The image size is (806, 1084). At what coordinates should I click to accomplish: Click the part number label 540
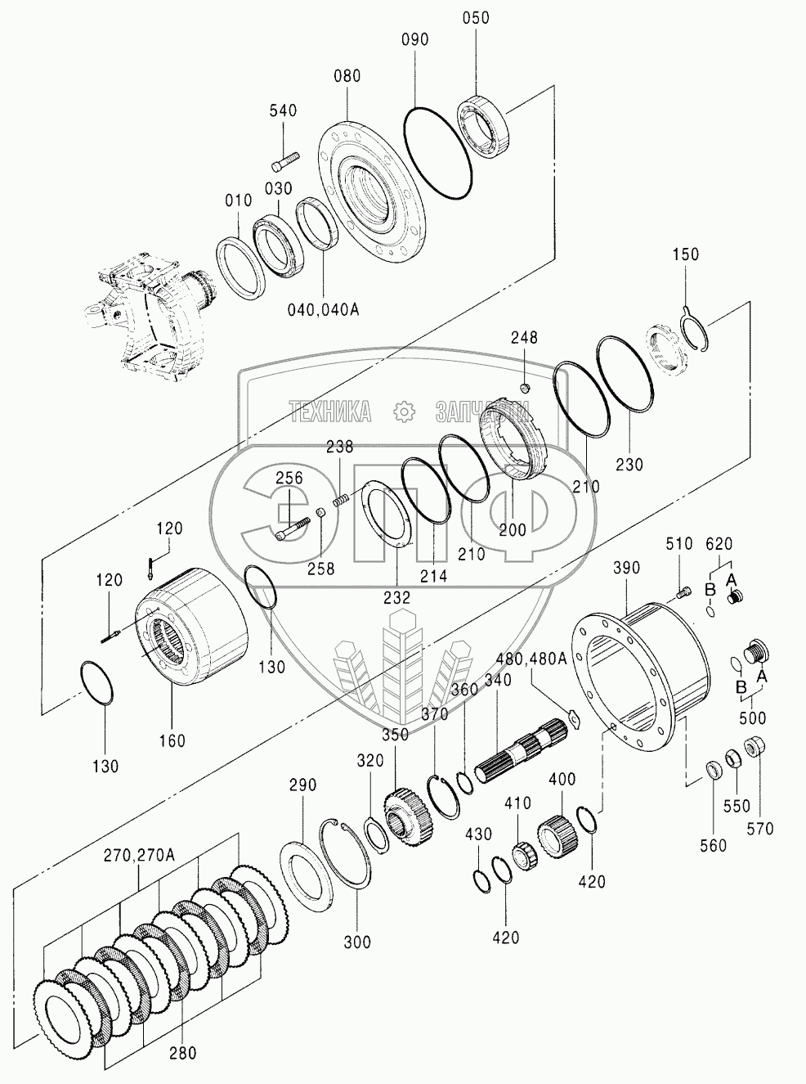point(283,111)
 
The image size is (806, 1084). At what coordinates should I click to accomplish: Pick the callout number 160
point(172,741)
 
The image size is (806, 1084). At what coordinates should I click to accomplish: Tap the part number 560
point(714,846)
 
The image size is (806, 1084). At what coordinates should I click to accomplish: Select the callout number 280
point(182,1052)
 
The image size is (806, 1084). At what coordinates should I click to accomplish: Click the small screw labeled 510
point(684,589)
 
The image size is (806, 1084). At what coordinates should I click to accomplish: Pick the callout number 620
point(719,542)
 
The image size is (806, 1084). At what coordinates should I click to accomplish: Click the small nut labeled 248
point(526,386)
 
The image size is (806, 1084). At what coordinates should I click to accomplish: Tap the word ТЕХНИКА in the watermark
point(330,412)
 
